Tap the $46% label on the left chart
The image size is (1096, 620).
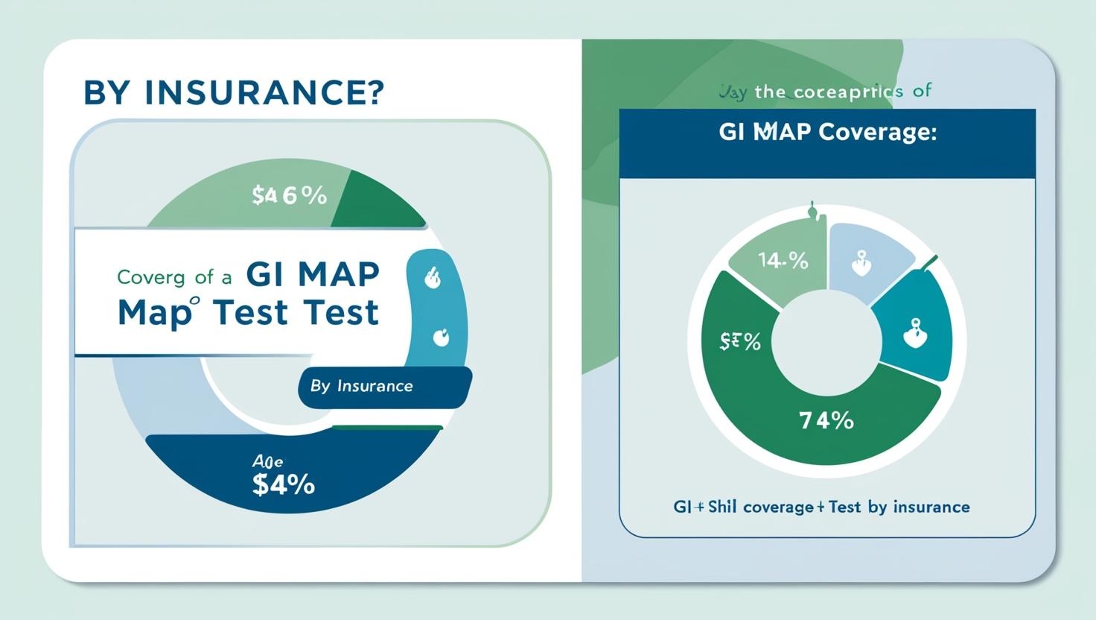tap(290, 195)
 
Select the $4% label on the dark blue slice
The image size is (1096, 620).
tap(284, 485)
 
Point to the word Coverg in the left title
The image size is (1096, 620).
tap(150, 277)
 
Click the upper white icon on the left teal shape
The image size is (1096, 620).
tap(433, 279)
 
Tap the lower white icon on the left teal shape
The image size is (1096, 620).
tap(441, 338)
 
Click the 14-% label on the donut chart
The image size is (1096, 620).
tap(783, 261)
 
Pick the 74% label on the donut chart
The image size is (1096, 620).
tap(826, 421)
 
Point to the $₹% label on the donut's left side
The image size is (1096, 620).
tap(741, 342)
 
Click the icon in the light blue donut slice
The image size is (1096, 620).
tap(861, 265)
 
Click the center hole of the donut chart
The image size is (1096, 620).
tap(824, 342)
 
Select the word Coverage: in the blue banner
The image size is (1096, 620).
tap(877, 133)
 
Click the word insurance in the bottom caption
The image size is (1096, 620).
tap(931, 507)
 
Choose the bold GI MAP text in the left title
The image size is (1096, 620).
tap(312, 275)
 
